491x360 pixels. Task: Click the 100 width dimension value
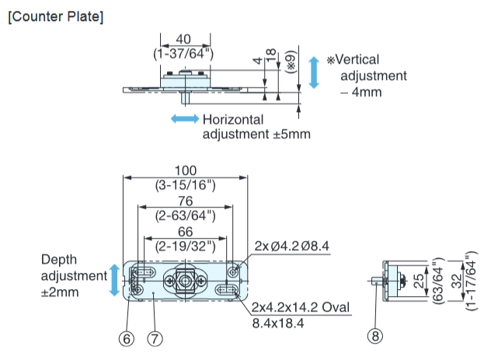coord(186,170)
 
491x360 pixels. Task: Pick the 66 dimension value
coord(186,232)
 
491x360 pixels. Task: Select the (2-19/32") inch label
coord(186,247)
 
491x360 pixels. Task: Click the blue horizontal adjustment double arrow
coord(184,119)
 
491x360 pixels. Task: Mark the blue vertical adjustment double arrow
coord(314,72)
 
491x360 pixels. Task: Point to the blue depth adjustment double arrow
coord(115,280)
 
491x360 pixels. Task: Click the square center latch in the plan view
coord(184,280)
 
